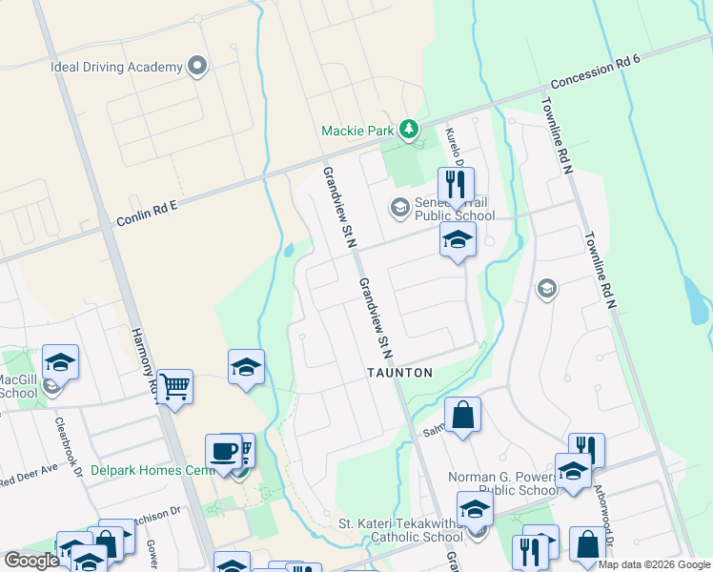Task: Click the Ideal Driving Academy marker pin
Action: pyautogui.click(x=197, y=67)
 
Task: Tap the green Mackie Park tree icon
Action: pyautogui.click(x=409, y=128)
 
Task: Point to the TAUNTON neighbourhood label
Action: pyautogui.click(x=400, y=373)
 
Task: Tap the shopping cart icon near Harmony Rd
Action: pyautogui.click(x=174, y=386)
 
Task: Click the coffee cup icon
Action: pyautogui.click(x=224, y=450)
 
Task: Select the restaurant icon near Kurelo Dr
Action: pyautogui.click(x=456, y=184)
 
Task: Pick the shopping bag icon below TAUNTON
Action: pyautogui.click(x=462, y=415)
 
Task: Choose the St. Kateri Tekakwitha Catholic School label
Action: pyautogui.click(x=401, y=530)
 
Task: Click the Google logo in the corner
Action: pyautogui.click(x=31, y=561)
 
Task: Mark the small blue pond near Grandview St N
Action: pyautogui.click(x=288, y=252)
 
